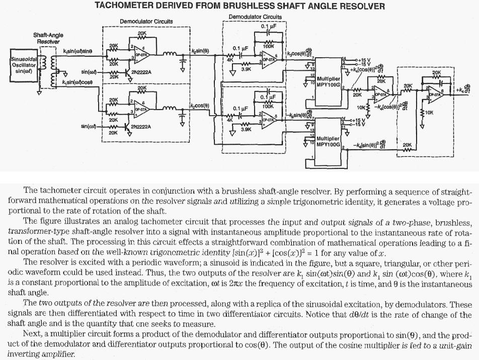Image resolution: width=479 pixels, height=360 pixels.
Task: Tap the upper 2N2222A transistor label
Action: point(141,72)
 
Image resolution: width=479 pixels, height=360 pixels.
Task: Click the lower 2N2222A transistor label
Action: point(141,127)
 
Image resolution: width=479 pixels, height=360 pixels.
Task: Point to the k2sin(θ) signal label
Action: point(200,51)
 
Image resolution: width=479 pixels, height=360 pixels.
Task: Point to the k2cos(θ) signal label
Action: point(200,105)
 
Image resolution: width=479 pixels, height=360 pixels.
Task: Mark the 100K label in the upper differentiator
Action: point(268,46)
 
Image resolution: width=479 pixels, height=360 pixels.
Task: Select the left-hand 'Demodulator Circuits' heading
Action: point(146,22)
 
